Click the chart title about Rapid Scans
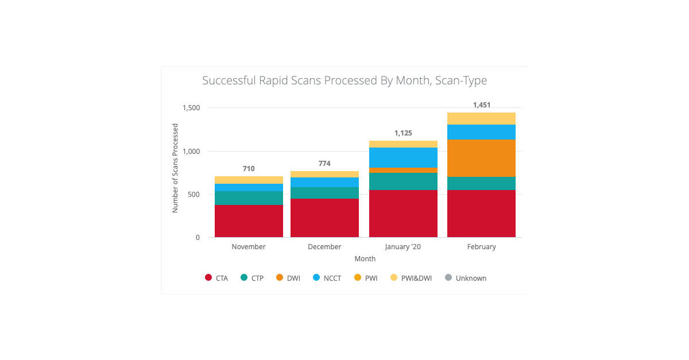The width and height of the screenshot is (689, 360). pyautogui.click(x=344, y=80)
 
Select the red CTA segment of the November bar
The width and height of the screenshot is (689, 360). pyautogui.click(x=249, y=221)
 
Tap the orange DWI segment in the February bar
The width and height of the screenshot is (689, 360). pyautogui.click(x=481, y=158)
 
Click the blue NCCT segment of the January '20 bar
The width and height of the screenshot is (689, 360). pyautogui.click(x=403, y=157)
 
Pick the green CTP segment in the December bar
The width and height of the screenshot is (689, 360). pyautogui.click(x=324, y=193)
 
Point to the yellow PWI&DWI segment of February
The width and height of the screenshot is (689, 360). pyautogui.click(x=481, y=118)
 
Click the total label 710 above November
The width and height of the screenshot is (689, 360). pyautogui.click(x=249, y=169)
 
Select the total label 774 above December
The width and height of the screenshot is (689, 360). pyautogui.click(x=324, y=164)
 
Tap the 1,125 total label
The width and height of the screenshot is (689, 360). pyautogui.click(x=403, y=133)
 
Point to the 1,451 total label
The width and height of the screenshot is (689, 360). pyautogui.click(x=481, y=105)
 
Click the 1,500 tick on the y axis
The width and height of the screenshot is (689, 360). pyautogui.click(x=191, y=108)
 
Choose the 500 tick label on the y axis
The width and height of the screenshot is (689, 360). pyautogui.click(x=194, y=195)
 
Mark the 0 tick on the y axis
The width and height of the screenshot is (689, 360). pyautogui.click(x=198, y=238)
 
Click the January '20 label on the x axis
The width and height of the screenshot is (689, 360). pyautogui.click(x=403, y=247)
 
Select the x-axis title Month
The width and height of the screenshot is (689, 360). pyautogui.click(x=365, y=259)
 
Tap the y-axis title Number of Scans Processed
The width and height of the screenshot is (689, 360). pyautogui.click(x=176, y=168)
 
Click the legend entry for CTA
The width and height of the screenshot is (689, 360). pyautogui.click(x=216, y=278)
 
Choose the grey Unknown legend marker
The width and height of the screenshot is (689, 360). pyautogui.click(x=448, y=278)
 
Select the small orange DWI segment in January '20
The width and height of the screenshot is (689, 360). pyautogui.click(x=403, y=170)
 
